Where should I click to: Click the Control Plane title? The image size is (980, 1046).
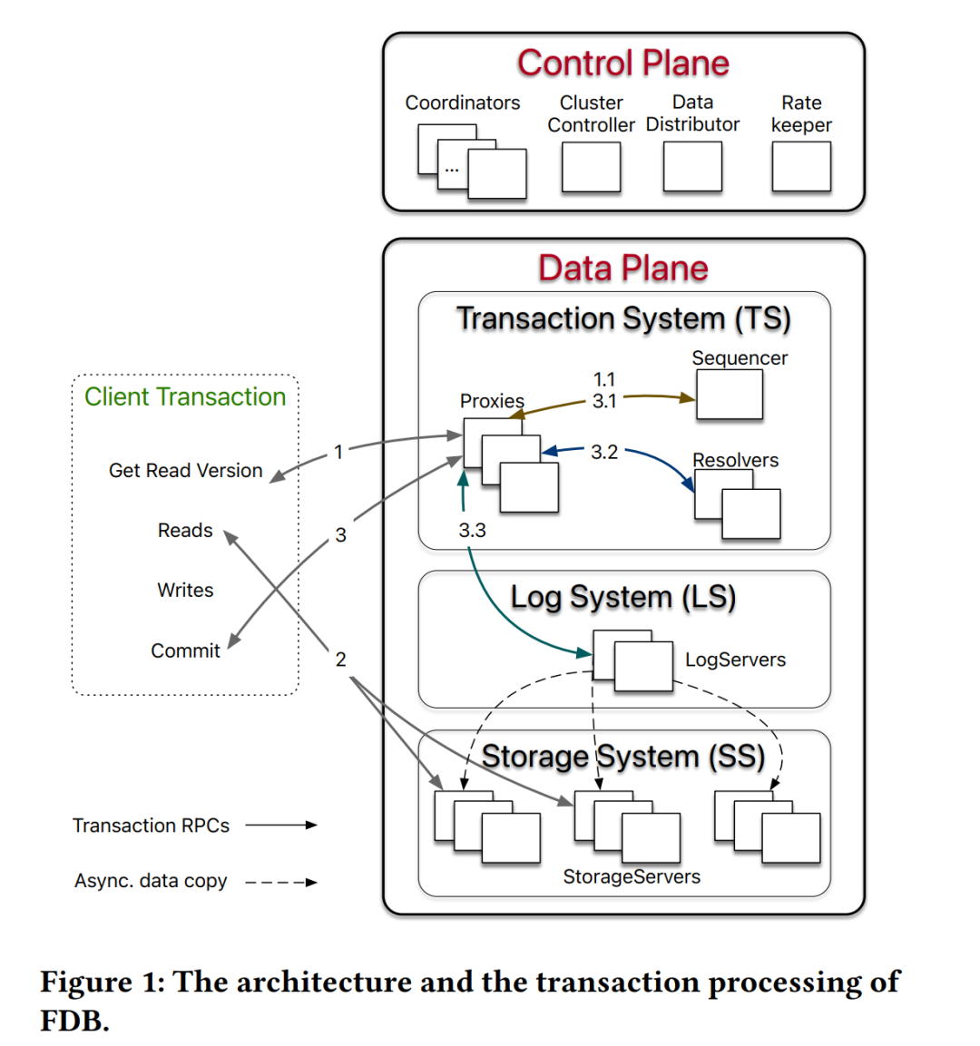(623, 64)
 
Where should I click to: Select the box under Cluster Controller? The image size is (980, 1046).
(591, 167)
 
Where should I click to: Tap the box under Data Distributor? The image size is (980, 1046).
(692, 167)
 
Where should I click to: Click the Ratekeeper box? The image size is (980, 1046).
(801, 167)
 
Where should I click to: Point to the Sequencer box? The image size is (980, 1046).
(730, 396)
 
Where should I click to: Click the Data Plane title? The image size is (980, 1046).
(623, 269)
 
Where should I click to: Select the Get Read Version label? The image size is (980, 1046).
(185, 471)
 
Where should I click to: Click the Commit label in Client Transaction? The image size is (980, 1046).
(185, 650)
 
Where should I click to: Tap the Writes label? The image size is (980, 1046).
(185, 591)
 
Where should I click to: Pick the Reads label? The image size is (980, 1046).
(185, 531)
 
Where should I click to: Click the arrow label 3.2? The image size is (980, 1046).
(604, 452)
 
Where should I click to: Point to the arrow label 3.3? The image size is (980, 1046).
(472, 531)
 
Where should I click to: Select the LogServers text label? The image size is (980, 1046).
(735, 660)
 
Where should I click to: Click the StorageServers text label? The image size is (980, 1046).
(632, 877)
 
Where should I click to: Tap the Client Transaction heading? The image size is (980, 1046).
(185, 397)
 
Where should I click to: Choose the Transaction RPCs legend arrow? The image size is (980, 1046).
(281, 826)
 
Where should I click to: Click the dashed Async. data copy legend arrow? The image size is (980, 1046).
(281, 882)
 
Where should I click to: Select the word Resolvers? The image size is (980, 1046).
(735, 461)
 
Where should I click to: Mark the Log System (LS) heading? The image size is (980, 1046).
(623, 597)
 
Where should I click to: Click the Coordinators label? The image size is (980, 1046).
(463, 103)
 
